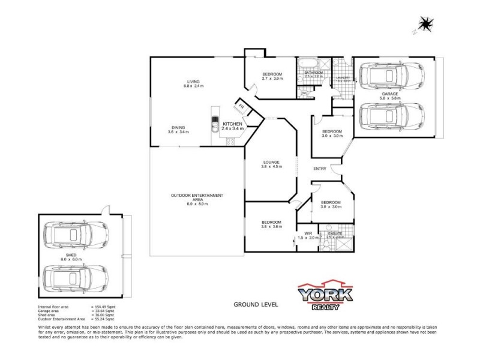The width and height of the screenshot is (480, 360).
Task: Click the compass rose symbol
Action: pos(425,25)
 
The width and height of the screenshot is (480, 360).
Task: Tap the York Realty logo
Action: pos(326,296)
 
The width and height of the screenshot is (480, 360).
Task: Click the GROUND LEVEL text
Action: pos(256,305)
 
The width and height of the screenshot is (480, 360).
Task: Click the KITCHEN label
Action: pos(232,124)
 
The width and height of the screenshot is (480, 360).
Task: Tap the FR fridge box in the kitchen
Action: pos(241,106)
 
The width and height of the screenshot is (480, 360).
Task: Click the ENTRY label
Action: pos(320,169)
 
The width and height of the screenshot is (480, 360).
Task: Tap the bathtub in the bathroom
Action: pos(307,63)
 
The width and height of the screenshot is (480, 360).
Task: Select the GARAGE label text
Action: pos(391,95)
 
